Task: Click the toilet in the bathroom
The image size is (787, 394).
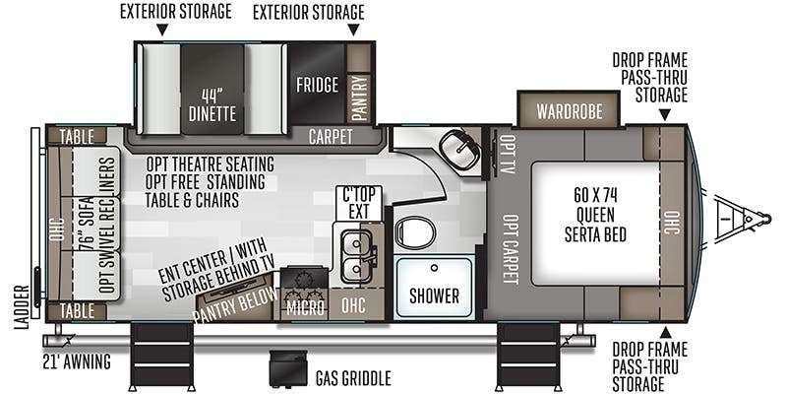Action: click(414, 232)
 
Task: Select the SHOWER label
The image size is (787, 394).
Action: click(434, 296)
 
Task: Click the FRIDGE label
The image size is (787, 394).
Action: click(317, 85)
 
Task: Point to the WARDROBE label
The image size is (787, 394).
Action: click(570, 111)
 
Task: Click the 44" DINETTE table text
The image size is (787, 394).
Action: click(212, 104)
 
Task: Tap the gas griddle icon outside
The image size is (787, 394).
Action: click(287, 368)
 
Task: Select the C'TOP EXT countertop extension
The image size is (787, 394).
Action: click(359, 204)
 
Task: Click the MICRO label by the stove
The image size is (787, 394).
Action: click(305, 307)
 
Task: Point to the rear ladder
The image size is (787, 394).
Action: click(35, 223)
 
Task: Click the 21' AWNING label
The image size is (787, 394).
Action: click(77, 361)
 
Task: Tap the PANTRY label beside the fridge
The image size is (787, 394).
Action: click(359, 98)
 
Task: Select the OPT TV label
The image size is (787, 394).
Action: click(508, 155)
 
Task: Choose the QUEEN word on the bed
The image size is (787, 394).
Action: click(596, 215)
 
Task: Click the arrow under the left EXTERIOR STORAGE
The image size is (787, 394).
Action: click(161, 31)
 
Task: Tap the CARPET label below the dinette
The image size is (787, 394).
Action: click(331, 137)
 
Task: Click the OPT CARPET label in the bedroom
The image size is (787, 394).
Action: click(511, 249)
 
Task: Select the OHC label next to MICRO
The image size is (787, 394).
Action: click(353, 305)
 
